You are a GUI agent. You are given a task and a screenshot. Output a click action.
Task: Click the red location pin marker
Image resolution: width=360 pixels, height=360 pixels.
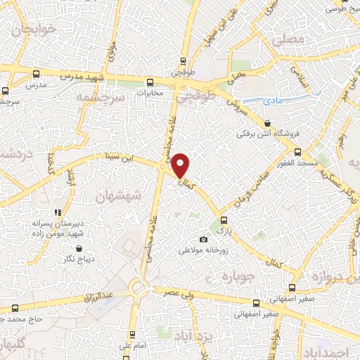point(181,165)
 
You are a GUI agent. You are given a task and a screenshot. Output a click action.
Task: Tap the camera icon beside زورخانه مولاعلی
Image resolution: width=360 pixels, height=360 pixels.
point(204,240)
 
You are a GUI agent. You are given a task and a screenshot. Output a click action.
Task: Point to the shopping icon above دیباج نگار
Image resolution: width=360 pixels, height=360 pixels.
point(78,248)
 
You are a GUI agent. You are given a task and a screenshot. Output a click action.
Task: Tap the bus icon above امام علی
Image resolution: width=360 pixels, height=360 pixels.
point(131,335)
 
